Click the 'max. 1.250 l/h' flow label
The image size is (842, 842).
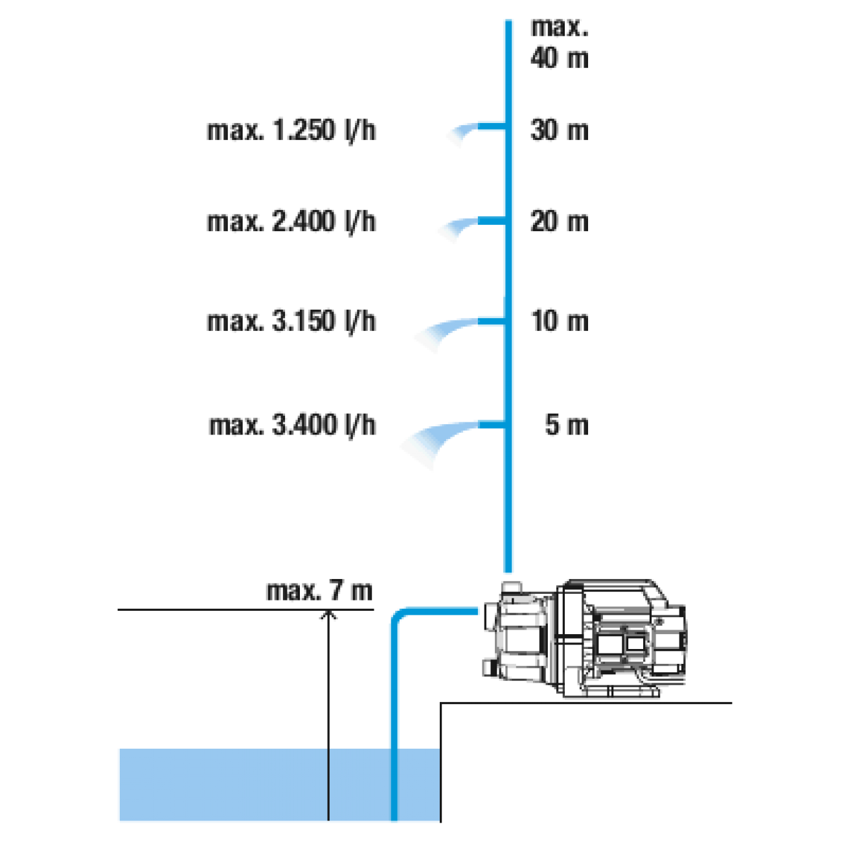(x=291, y=131)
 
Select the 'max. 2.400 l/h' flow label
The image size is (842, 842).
(x=291, y=222)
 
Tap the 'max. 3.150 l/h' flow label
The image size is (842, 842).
(x=291, y=321)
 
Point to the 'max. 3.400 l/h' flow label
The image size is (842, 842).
(x=292, y=425)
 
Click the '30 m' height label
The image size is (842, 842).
(x=560, y=130)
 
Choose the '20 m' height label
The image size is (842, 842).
(x=560, y=221)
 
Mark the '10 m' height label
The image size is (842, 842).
(x=560, y=321)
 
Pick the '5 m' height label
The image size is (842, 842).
(x=567, y=424)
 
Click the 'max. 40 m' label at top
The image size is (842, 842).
(x=560, y=43)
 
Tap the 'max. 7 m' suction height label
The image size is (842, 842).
(x=319, y=591)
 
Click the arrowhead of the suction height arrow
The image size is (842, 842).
(x=328, y=615)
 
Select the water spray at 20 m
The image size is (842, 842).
(x=458, y=228)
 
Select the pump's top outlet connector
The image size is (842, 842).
(x=512, y=587)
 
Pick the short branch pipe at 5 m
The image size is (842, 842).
(x=492, y=424)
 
